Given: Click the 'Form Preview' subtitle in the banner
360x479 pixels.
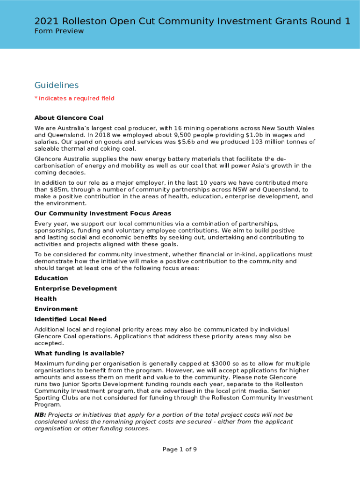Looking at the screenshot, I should [x=59, y=31].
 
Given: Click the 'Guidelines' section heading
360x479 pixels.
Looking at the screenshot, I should [x=57, y=85].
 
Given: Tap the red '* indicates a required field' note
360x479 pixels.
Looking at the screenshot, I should [x=74, y=98].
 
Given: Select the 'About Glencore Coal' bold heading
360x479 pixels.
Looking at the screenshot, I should [x=69, y=117].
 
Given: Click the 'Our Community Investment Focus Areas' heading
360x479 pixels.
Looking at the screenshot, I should [x=103, y=213].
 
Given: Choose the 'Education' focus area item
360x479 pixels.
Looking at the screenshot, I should [x=51, y=278].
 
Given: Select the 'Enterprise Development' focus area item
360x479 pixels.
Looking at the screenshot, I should [x=76, y=289].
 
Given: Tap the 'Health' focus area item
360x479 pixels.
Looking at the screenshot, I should [x=46, y=299].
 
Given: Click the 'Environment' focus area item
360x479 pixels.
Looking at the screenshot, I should [x=56, y=309].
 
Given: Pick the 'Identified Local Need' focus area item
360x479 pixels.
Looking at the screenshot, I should [x=71, y=319].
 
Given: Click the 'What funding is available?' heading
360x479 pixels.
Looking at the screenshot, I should [x=79, y=353].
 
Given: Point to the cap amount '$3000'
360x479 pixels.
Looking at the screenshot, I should [x=221, y=364].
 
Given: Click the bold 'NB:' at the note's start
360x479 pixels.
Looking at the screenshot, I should [x=40, y=415].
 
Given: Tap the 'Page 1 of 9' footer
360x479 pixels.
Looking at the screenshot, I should [x=180, y=450].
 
